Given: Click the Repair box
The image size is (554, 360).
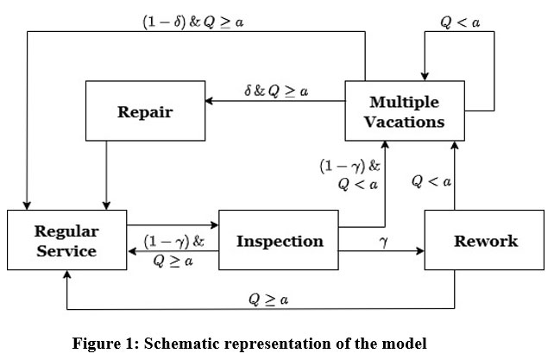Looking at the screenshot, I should [x=144, y=112].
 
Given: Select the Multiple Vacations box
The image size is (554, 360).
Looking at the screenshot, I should [x=404, y=111].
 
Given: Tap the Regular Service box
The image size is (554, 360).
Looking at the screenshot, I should [x=66, y=240].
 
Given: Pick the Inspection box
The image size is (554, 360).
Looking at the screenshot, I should [x=279, y=241].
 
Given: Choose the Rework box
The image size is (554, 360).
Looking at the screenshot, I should [x=486, y=241].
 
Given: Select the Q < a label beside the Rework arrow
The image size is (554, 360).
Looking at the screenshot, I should [x=431, y=182].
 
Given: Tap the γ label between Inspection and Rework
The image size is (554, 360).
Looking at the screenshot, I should [x=383, y=243].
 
